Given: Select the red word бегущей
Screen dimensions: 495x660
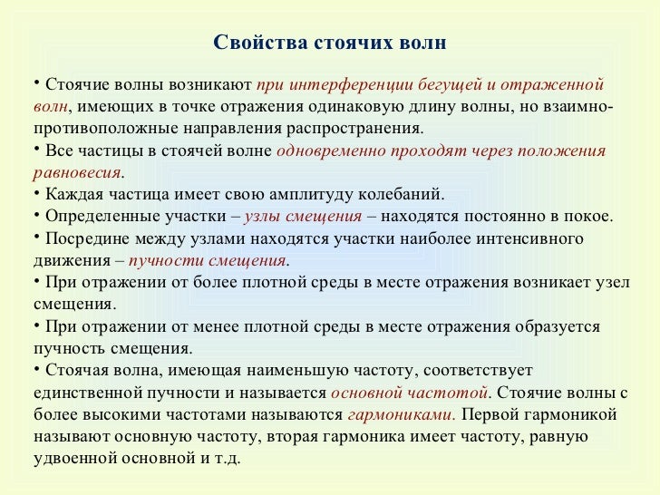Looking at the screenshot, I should click(x=450, y=86).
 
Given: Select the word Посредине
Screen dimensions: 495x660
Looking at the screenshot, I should click(x=86, y=238).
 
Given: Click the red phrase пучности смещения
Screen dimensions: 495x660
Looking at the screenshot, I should click(x=208, y=261).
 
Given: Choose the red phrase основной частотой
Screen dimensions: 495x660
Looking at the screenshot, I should click(x=410, y=393).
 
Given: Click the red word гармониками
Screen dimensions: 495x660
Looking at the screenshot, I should click(x=400, y=414).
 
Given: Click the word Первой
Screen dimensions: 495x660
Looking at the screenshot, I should click(x=490, y=414).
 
